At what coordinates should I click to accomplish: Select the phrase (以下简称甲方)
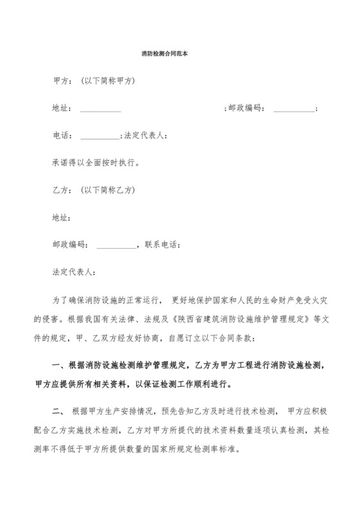pyautogui.click(x=108, y=82)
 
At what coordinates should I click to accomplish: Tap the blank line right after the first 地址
pyautogui.click(x=100, y=109)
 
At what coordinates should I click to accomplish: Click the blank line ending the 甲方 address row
pyautogui.click(x=294, y=109)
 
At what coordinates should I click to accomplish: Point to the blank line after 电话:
pyautogui.click(x=100, y=136)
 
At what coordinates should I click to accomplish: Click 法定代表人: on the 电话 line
pyautogui.click(x=146, y=136)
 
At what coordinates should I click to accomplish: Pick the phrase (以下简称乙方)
pyautogui.click(x=108, y=190)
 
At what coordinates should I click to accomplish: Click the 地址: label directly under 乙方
pyautogui.click(x=62, y=218)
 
